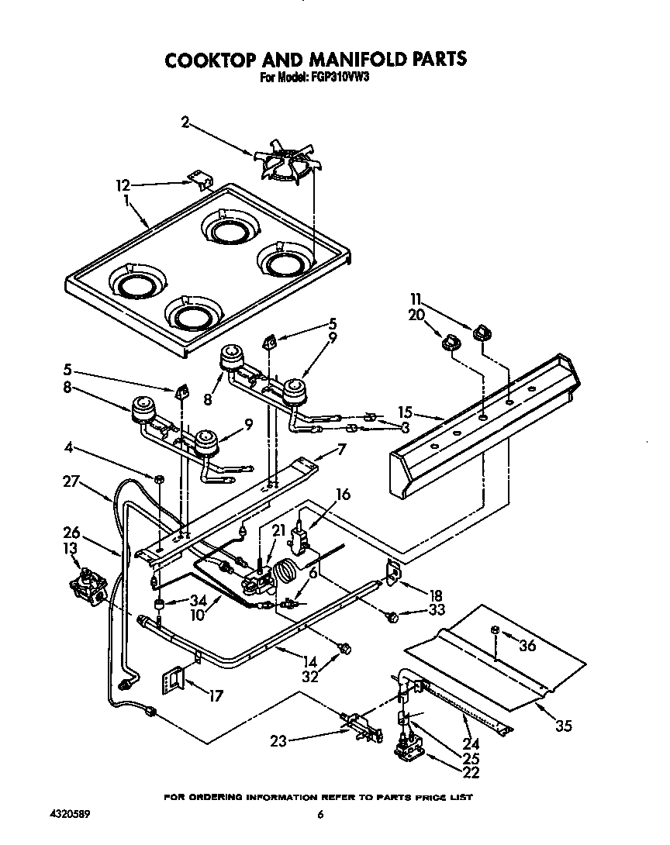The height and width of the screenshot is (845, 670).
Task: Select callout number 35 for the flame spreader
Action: [564, 726]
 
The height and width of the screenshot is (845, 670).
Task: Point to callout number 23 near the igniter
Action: [278, 741]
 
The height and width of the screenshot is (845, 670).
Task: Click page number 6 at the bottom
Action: [319, 814]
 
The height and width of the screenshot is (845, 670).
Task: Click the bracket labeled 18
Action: [394, 572]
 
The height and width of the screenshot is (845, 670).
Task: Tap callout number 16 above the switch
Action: [343, 493]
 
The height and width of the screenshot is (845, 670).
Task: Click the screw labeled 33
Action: [393, 617]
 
